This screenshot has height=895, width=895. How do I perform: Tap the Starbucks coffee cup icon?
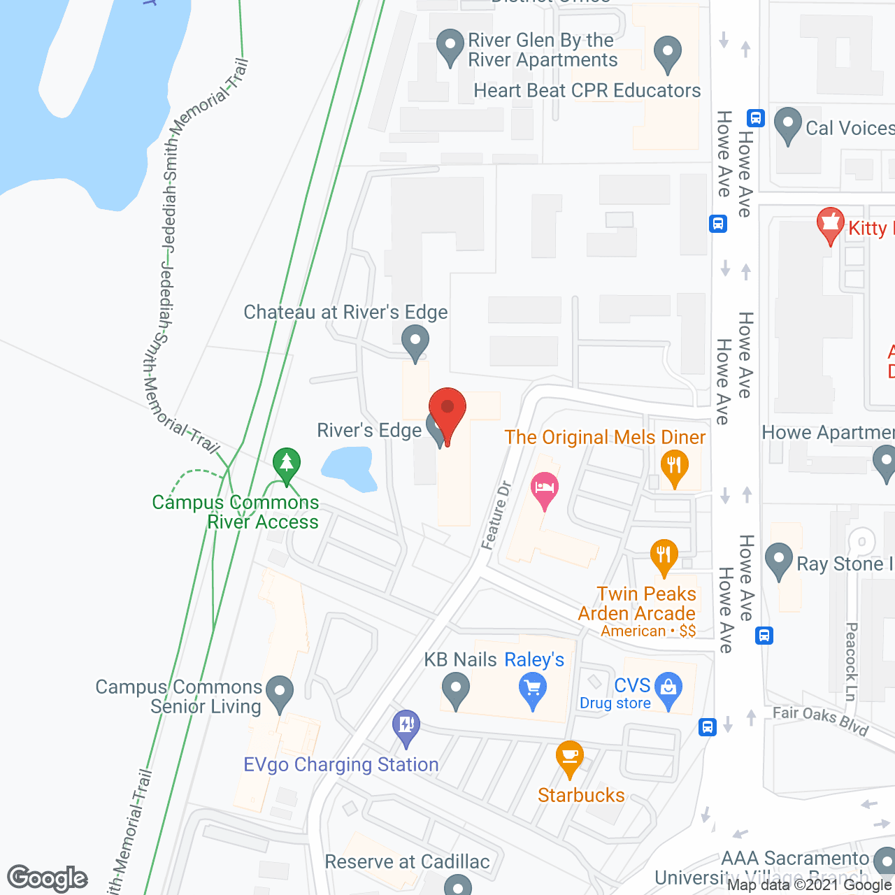pos(570,758)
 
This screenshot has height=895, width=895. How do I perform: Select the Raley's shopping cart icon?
pos(533,689)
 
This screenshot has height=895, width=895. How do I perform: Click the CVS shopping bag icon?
pos(668,689)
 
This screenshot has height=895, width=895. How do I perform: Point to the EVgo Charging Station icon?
pos(406,726)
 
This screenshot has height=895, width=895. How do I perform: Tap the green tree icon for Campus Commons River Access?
pos(286,464)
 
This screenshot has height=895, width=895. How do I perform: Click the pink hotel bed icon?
pos(545,488)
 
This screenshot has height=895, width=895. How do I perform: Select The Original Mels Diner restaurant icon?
pos(674,466)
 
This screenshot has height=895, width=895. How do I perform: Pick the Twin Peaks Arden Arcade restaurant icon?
pos(664,557)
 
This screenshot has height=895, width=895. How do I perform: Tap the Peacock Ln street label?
pos(851,661)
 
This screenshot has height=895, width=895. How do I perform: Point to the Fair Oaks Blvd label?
pos(820,720)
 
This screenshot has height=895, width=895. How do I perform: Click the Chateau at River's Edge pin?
pos(415,342)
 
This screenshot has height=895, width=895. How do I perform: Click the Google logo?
pos(48,878)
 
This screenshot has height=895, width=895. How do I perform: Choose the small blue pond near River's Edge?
pos(348,467)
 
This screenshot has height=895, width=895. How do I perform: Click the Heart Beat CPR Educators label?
pos(587,91)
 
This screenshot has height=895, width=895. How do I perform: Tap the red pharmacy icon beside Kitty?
pos(830,224)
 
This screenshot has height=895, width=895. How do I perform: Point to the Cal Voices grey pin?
pos(788,125)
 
